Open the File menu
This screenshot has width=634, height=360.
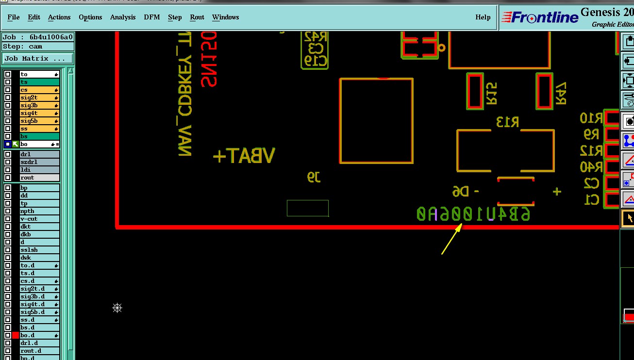[x=14, y=17]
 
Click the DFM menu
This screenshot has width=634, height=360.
[x=152, y=17]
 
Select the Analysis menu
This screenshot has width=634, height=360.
[x=123, y=17]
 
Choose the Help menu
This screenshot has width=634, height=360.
[x=483, y=17]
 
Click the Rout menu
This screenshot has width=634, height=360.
[x=197, y=17]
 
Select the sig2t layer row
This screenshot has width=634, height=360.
[x=39, y=98]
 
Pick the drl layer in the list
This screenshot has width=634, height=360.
[x=39, y=154]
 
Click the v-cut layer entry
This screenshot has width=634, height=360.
[x=39, y=219]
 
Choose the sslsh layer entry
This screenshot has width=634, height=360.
[x=39, y=250]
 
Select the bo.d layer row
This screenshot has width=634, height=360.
[x=39, y=335]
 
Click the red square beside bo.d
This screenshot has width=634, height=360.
[x=16, y=335]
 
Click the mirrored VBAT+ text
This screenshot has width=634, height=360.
[x=244, y=156]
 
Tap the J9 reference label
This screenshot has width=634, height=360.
[x=314, y=177]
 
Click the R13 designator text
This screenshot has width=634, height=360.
[x=507, y=122]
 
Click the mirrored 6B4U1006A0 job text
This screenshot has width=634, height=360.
[x=473, y=214]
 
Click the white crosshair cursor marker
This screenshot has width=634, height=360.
[x=117, y=308]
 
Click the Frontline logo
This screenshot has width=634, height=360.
[x=540, y=17]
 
